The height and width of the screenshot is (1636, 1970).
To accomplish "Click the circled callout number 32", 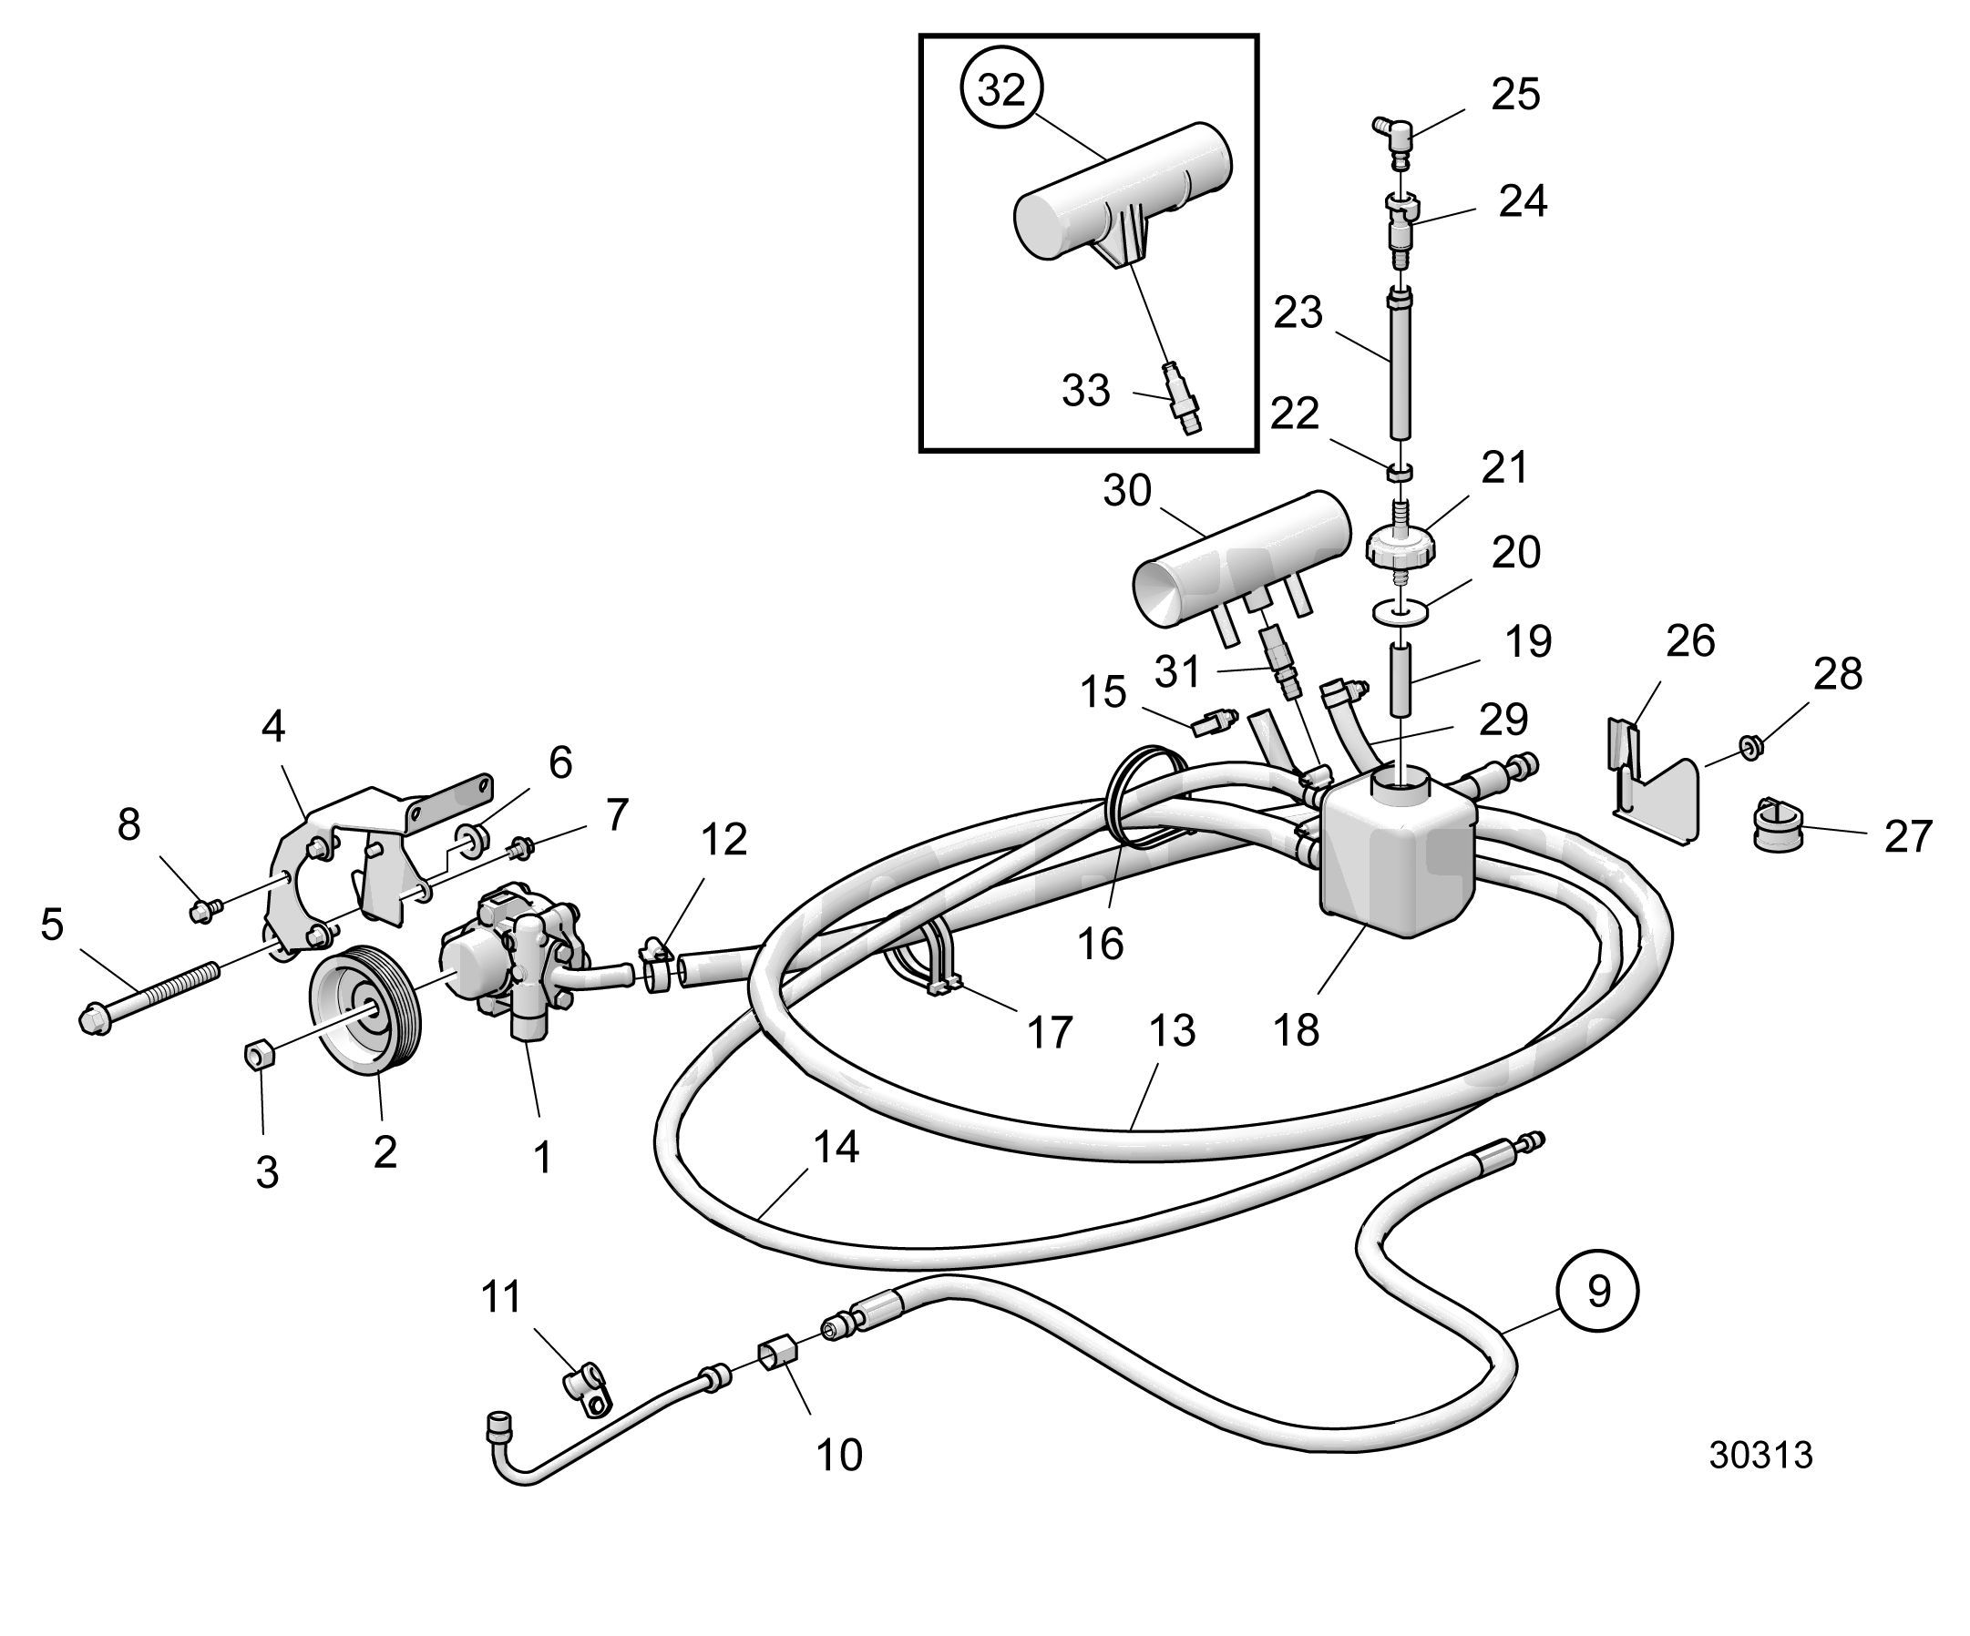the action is point(1002,91).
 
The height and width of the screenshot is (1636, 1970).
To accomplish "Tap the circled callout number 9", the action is point(1597,1292).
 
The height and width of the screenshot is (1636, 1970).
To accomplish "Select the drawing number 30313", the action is point(1760,1455).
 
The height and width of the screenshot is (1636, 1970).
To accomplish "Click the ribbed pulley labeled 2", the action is point(366,1009).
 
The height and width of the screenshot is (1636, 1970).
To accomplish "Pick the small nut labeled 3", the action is point(258,1056).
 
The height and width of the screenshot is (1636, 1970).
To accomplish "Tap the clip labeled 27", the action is point(1776,823).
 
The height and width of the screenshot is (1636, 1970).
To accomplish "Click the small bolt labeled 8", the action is point(205,908).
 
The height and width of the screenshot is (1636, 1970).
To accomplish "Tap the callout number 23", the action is point(1298,312).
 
